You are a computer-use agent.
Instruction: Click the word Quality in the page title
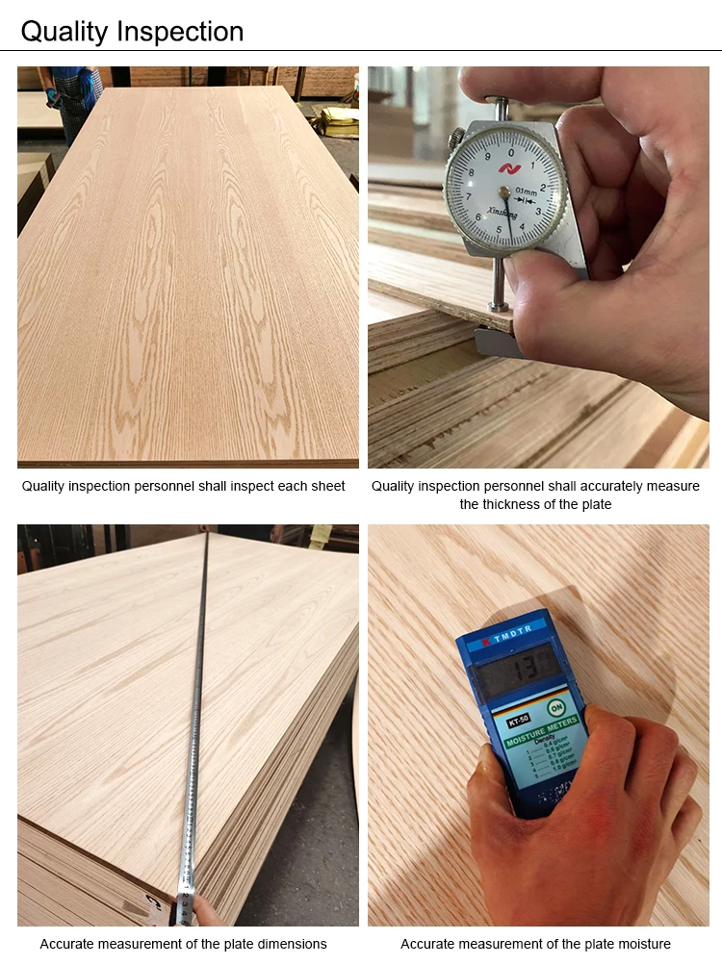[x=64, y=31]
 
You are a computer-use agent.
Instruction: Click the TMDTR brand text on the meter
[x=512, y=637]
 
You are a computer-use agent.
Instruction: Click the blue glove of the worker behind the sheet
[x=88, y=87]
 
